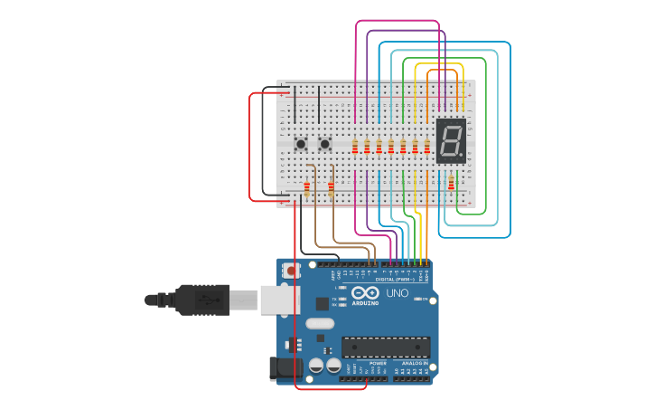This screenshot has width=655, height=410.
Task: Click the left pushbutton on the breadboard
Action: pos(301,143)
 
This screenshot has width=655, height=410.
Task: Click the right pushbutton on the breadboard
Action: pos(324,143)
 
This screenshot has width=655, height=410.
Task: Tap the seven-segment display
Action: pos(451,140)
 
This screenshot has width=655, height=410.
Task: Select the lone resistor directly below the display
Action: pos(451,184)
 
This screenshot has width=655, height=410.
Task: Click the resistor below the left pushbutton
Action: pos(307,189)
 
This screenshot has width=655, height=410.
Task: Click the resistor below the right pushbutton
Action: pos(331,189)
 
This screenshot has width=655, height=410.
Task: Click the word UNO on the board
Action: pos(398,293)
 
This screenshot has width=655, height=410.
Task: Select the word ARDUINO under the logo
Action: pos(365,303)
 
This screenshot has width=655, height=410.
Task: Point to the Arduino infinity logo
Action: pos(365,293)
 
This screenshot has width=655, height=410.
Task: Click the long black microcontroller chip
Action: pos(385,347)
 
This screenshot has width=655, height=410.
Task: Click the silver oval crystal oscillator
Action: pos(319,323)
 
